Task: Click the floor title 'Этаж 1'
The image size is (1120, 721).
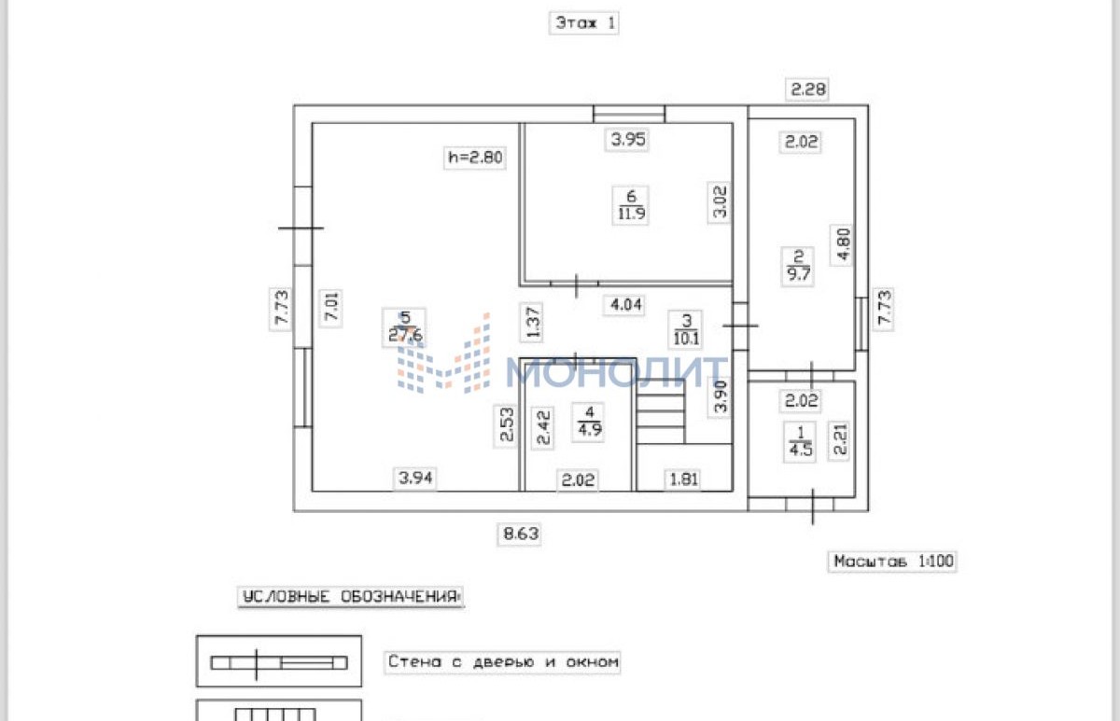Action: [584, 23]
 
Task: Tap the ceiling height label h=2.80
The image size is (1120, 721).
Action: [475, 158]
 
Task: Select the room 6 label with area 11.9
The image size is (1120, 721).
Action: [631, 205]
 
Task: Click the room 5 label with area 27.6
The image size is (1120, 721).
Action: [405, 327]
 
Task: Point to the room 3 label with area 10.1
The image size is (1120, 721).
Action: [686, 329]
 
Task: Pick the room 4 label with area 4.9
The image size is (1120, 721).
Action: [590, 422]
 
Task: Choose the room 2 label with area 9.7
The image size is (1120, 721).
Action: [798, 266]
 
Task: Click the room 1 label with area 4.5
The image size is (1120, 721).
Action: [800, 441]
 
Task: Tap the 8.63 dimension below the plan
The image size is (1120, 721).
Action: [521, 534]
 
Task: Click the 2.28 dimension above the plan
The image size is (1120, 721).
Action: [807, 90]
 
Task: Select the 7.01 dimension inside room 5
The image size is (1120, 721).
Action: [331, 308]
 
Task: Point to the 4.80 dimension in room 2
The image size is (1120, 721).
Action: [842, 244]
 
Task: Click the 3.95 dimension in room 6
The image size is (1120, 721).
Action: [628, 139]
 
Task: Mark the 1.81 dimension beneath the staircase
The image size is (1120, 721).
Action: [683, 479]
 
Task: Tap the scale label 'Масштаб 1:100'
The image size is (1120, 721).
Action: [893, 562]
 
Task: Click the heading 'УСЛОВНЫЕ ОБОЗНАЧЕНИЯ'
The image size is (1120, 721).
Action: [351, 597]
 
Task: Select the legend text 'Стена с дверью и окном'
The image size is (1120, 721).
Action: [503, 662]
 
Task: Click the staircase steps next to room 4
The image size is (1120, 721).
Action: [660, 412]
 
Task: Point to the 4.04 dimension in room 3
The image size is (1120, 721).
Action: [626, 304]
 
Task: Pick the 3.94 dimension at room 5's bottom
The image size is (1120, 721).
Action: [415, 478]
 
